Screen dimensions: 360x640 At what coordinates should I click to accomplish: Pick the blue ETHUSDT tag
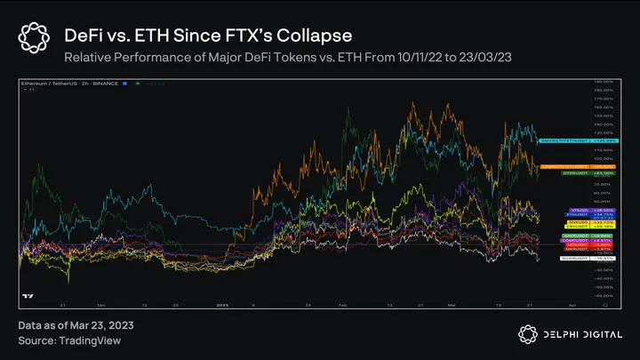click(566, 214)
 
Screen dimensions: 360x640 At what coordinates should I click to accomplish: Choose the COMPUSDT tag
click(566, 240)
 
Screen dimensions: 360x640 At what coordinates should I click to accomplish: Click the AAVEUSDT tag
click(566, 235)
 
